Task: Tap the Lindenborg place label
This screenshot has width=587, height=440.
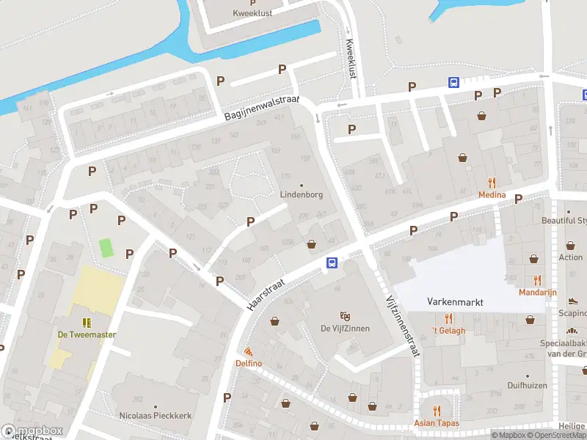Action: coord(302,195)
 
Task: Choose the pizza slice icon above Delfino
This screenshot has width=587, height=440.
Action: coord(249,352)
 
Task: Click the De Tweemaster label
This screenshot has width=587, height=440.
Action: coord(87,334)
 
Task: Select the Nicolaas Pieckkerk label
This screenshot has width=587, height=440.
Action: coord(156,415)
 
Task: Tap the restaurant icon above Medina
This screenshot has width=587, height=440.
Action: coord(492,183)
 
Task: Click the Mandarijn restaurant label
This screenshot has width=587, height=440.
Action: coord(537,292)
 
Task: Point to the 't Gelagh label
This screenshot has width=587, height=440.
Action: coord(448,330)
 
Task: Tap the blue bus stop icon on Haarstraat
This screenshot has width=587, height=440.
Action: coord(332,263)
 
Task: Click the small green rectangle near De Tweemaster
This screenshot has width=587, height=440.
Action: coord(106,248)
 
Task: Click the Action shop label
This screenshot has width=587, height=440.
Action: coord(570,257)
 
